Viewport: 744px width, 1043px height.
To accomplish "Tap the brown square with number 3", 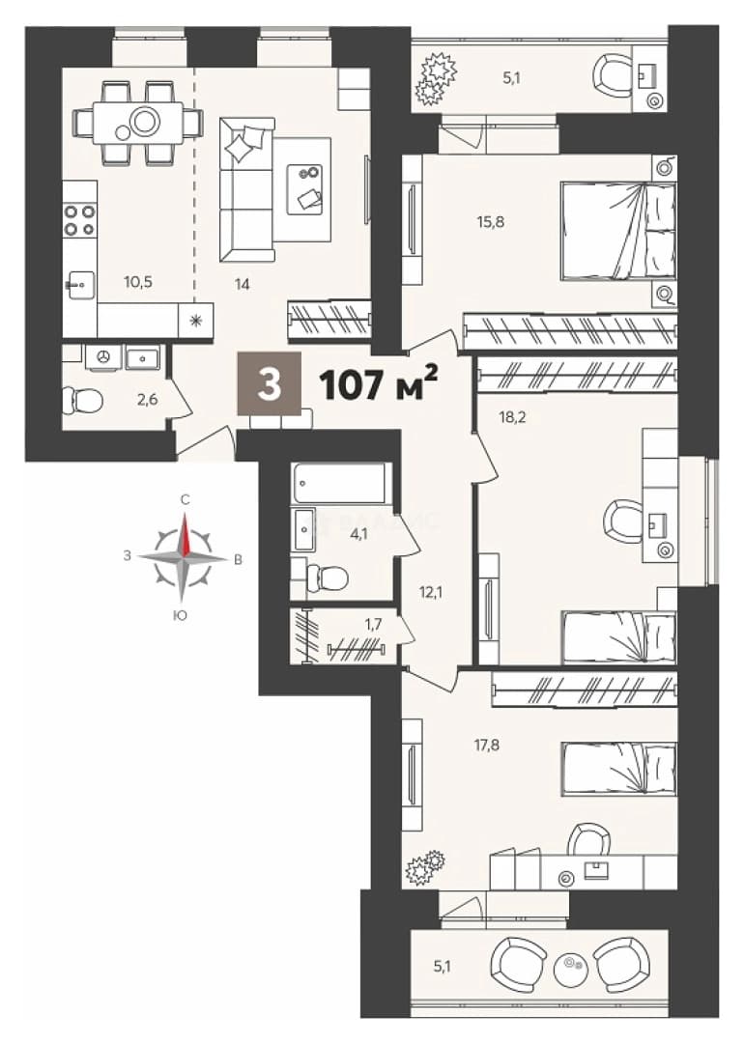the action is [x=270, y=383].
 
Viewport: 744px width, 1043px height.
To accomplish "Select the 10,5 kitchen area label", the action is [x=138, y=282].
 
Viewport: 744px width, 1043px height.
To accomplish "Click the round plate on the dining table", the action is [x=145, y=121].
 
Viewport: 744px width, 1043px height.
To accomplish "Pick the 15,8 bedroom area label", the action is [x=491, y=222].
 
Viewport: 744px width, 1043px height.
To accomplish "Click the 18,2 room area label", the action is [x=512, y=418].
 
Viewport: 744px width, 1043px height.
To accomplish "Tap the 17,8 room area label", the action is [x=486, y=745].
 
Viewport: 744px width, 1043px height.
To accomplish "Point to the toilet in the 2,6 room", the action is [x=82, y=401].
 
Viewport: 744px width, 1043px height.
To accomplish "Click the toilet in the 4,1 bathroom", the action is [x=326, y=578].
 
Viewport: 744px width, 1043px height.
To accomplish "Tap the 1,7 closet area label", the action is [x=373, y=624].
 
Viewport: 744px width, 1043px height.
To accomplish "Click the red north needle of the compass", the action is [x=186, y=533].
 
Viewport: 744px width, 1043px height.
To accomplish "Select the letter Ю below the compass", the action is [x=179, y=616].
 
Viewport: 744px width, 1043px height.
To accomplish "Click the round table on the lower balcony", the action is [x=570, y=964].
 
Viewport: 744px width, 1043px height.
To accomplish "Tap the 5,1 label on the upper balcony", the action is [x=511, y=78].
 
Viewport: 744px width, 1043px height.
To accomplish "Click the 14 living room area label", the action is [x=243, y=285].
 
